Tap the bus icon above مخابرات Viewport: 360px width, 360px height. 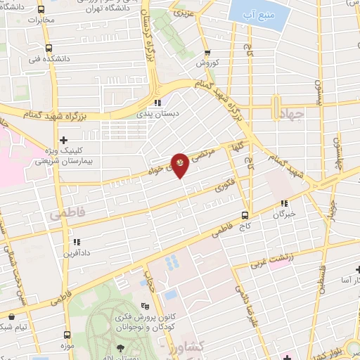[41, 11]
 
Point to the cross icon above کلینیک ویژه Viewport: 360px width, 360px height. [64, 140]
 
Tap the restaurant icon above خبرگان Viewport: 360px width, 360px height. [284, 204]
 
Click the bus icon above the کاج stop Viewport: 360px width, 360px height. [245, 215]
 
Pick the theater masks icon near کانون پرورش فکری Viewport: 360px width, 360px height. [145, 306]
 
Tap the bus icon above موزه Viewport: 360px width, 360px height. [67, 335]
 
